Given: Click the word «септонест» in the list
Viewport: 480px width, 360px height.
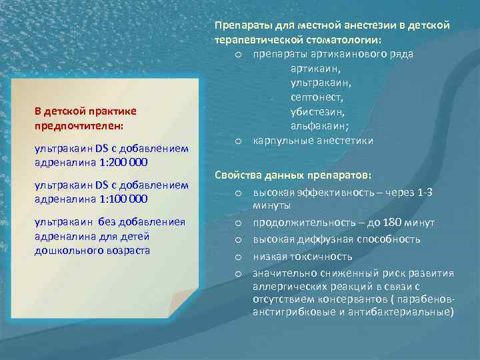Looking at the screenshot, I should [x=317, y=97].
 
